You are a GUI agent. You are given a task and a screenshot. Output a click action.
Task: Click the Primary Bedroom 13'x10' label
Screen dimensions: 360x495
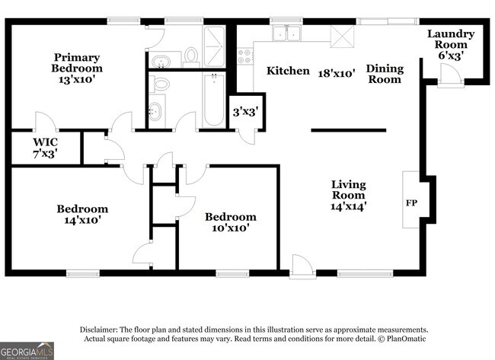(77, 68)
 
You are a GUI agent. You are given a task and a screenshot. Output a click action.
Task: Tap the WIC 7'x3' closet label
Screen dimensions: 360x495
(45, 148)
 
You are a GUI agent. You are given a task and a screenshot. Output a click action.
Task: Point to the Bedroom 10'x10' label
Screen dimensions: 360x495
(231, 221)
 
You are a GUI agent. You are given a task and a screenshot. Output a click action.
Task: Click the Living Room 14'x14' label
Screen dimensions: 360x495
(348, 195)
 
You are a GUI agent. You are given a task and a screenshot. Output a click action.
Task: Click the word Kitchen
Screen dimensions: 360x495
(287, 71)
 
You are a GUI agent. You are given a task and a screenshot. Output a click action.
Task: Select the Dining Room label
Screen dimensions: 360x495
(385, 74)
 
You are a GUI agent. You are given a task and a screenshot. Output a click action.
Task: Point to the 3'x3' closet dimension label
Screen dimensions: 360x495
(244, 112)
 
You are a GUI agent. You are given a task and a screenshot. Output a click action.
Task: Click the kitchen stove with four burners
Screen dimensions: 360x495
(245, 56)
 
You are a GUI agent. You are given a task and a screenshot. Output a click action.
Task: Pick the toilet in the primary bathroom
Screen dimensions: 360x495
(190, 55)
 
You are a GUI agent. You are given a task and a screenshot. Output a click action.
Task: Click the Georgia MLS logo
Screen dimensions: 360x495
(27, 350)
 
